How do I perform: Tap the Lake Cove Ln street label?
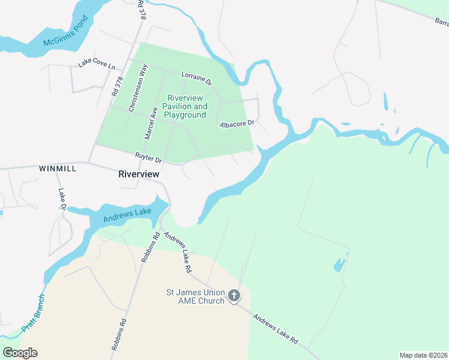click(x=95, y=65)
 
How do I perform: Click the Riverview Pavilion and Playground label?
click(x=187, y=106)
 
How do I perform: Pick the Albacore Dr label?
click(x=237, y=124)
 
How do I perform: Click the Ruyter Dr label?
click(x=148, y=157)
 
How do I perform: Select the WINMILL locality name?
click(x=58, y=169)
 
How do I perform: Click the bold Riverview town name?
click(x=139, y=174)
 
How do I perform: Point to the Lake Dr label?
click(x=62, y=199)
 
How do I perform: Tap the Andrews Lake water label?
click(x=127, y=215)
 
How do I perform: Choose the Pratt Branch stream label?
click(x=33, y=313)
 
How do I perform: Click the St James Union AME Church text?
click(x=195, y=296)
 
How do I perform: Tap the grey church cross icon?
click(x=234, y=296)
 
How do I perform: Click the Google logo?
click(x=20, y=353)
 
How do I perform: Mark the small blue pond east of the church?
click(x=340, y=264)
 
